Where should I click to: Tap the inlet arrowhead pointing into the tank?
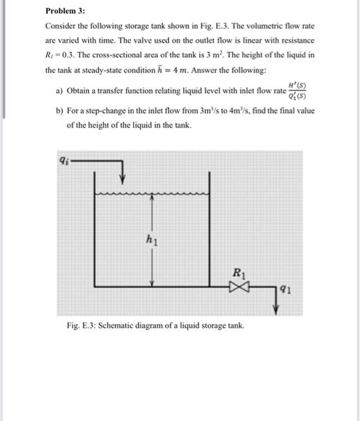123,177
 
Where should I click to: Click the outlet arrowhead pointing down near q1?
276,309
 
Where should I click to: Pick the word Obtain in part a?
79,91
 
